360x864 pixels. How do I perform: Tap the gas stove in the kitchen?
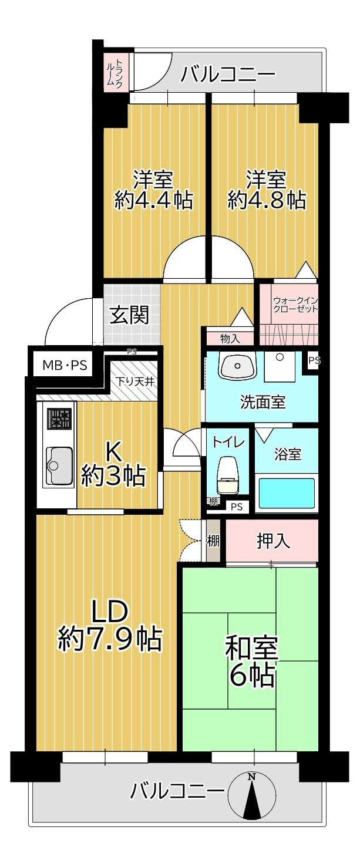[59, 419]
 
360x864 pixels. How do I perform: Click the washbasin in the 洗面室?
[238, 366]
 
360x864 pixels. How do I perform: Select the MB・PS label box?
[65, 366]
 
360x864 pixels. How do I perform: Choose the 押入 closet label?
[274, 541]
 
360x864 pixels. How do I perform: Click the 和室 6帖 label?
[251, 662]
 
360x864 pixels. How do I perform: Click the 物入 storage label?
[230, 339]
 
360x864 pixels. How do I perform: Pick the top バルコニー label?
[228, 75]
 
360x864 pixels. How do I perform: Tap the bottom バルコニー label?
[177, 791]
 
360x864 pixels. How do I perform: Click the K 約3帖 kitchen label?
[113, 464]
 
